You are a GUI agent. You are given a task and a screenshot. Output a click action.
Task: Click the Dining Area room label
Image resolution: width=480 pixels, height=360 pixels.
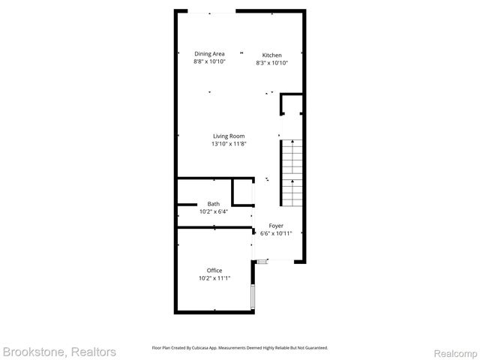(x=209, y=53)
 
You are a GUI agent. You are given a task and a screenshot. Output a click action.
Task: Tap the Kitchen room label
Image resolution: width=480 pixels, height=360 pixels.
(x=271, y=55)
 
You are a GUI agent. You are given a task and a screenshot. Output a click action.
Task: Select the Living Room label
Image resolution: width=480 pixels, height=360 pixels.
(x=229, y=136)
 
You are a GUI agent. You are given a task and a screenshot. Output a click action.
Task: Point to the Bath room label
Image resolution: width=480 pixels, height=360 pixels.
(x=214, y=204)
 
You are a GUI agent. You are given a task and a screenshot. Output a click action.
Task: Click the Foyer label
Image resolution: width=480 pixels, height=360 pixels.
(x=276, y=225)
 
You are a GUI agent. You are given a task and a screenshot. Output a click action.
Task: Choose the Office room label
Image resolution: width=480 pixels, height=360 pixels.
(x=214, y=270)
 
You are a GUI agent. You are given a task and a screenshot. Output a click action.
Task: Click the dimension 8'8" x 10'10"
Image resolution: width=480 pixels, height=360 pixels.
(x=209, y=61)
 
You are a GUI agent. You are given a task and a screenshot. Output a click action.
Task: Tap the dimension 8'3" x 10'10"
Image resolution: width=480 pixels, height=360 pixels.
(x=271, y=63)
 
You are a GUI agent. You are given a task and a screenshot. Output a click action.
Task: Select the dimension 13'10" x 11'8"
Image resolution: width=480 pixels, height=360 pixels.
(x=229, y=144)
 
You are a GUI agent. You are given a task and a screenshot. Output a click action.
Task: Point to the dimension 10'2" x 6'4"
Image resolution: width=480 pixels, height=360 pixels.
(x=214, y=212)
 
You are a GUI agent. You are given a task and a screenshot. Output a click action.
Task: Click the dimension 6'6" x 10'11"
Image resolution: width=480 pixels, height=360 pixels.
(x=276, y=233)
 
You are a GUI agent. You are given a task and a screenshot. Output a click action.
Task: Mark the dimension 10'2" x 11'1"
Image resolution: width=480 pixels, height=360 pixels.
(x=214, y=278)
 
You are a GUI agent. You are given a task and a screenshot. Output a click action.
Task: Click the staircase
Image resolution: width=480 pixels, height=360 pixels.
(x=291, y=174)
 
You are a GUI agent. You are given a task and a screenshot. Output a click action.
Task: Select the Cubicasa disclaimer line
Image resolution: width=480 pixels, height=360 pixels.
(x=240, y=348)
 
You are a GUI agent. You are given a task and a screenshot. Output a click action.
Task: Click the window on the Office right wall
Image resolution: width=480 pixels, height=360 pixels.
(x=253, y=296)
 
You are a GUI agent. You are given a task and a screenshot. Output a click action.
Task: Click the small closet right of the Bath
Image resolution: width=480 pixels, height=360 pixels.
(x=242, y=192)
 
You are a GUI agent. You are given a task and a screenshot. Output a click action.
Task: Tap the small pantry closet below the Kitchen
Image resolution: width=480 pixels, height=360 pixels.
(x=291, y=104)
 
